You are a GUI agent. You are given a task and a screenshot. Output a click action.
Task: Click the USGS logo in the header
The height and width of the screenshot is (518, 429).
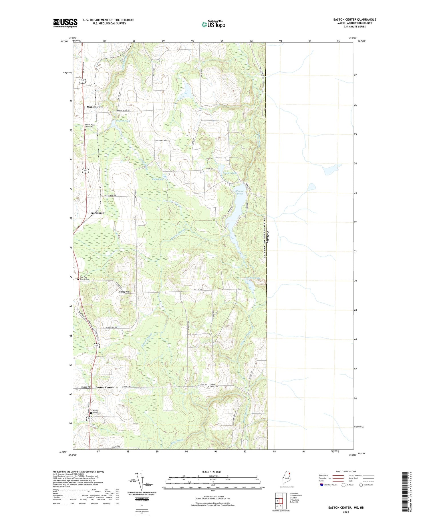(65, 23)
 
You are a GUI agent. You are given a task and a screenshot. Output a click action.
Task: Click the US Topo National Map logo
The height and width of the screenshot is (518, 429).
(213, 24)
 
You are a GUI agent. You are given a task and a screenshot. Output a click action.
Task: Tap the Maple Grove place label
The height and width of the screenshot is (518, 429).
(95, 107)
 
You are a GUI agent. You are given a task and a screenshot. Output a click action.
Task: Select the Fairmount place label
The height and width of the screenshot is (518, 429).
(97, 213)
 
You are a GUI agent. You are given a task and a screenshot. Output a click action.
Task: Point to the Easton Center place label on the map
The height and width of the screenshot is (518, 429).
(104, 387)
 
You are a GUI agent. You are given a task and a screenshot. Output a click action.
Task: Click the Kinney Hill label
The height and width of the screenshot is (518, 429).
(124, 292)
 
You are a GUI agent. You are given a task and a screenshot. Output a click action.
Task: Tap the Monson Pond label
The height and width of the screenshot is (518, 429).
(240, 192)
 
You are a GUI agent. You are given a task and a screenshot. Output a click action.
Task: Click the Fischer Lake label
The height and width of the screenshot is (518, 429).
(230, 173)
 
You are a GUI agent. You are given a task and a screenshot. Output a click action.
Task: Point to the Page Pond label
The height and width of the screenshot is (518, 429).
(158, 179)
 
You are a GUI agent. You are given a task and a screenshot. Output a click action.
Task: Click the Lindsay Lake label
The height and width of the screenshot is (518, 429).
(253, 278)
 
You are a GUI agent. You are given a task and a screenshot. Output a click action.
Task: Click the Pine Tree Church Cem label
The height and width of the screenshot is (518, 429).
(85, 278)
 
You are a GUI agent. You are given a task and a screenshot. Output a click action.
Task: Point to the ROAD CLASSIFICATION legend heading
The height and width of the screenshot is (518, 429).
(346, 471)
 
